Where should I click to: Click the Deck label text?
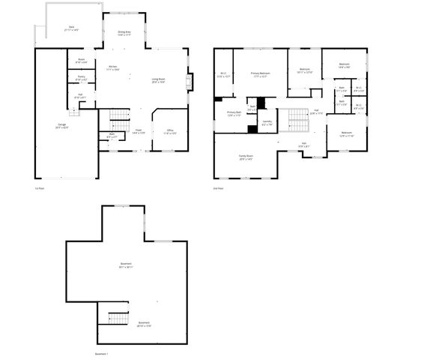pos(72,28)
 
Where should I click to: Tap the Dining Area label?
pos(124,33)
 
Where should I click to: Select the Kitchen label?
pos(112,67)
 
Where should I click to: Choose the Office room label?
pos(170,133)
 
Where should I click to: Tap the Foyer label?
pos(139,131)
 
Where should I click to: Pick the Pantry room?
pos(81,77)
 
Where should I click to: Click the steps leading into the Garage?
pos(74,112)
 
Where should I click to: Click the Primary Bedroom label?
pos(261,74)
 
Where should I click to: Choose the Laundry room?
pos(267,124)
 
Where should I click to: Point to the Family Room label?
pos(246,159)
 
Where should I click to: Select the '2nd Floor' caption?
pos(219,188)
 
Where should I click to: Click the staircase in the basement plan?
pos(117,319)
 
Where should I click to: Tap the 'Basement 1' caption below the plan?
pos(102,353)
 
